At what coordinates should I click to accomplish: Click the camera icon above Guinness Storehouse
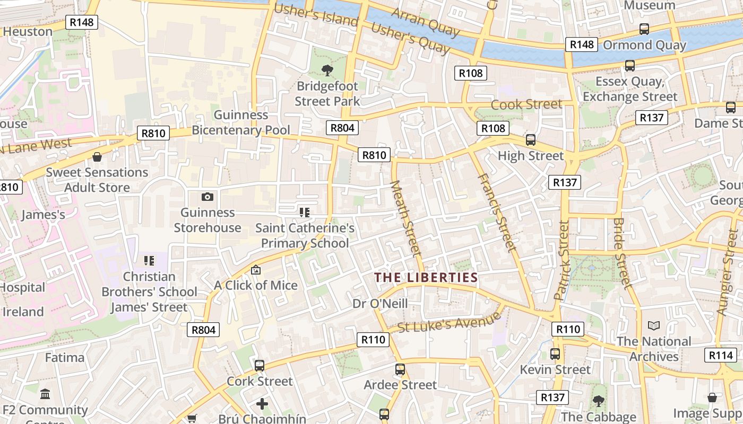point(208,197)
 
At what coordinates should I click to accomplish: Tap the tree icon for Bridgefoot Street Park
point(327,70)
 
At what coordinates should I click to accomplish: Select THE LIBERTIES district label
point(426,277)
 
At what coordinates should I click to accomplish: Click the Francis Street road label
point(497,212)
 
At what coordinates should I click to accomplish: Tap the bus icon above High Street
point(530,140)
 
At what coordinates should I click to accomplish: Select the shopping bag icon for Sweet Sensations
point(97,157)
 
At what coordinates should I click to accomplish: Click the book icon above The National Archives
point(654,325)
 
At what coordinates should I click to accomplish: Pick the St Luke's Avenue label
point(449,322)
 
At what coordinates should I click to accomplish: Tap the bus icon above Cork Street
point(260,365)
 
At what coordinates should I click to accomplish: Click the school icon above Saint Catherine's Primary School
point(304,213)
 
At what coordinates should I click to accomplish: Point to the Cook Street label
point(526,104)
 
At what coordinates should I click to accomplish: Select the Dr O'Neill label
point(380,304)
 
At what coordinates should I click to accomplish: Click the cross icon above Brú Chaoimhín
point(262,404)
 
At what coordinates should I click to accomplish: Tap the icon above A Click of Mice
point(256,270)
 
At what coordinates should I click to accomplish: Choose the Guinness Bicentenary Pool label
point(241,122)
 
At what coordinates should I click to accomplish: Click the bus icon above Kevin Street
point(555,354)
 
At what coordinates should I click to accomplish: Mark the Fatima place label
point(64,358)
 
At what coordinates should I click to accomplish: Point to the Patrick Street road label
point(561,261)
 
